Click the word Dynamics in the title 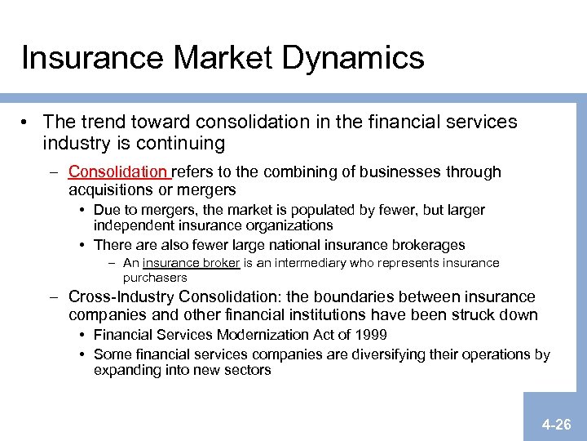pos(351,58)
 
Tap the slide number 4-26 pos(557,425)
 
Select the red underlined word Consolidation pos(117,171)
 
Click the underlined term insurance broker pos(191,263)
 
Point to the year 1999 pos(368,334)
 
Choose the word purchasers pos(155,277)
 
